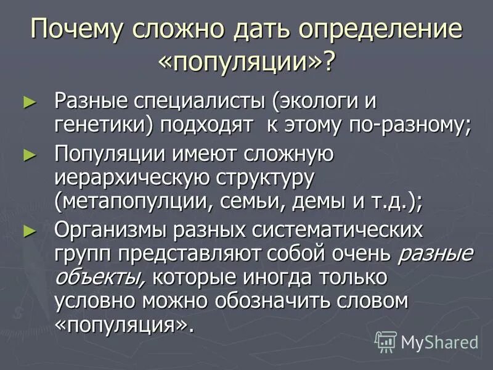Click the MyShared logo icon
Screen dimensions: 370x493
[x=386, y=341]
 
